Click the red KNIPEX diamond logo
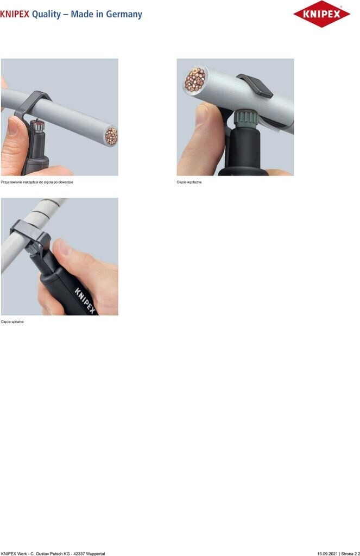(321, 14)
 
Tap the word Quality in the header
(47, 15)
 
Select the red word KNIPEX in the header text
(15, 14)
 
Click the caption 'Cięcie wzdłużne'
(189, 182)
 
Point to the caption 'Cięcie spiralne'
(12, 322)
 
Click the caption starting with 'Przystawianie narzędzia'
(37, 182)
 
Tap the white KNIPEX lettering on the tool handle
(85, 300)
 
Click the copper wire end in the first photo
(111, 136)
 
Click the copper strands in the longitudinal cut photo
(195, 79)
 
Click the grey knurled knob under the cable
(244, 117)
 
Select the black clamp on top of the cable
(255, 85)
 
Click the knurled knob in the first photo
(36, 126)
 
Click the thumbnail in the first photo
(13, 127)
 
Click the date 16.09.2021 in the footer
(327, 553)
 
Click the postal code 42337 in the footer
(77, 553)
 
